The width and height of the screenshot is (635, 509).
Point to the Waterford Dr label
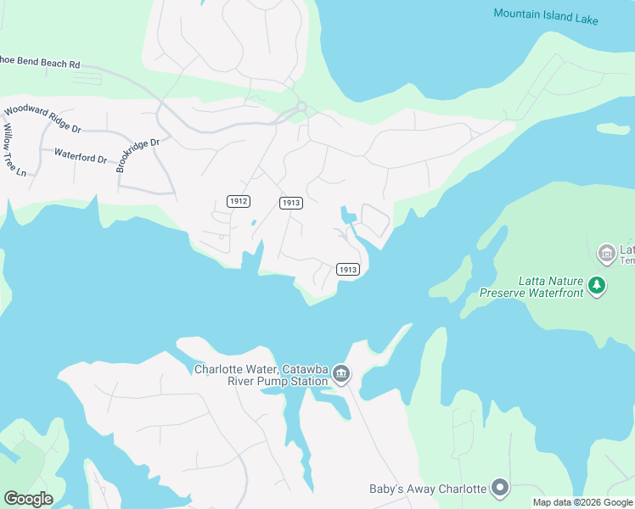81,156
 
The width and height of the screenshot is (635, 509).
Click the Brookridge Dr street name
138,155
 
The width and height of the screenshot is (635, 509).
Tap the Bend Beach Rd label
40,64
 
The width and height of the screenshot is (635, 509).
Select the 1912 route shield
239,201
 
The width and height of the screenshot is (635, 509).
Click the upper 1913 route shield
291,202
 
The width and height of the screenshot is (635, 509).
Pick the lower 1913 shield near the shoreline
348,269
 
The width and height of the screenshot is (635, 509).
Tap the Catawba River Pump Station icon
341,374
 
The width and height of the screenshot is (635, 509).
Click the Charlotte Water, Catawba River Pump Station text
261,375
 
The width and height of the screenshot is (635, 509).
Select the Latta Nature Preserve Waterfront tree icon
598,285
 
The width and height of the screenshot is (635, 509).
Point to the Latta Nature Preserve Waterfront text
531,287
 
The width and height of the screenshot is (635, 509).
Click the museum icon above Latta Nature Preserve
606,253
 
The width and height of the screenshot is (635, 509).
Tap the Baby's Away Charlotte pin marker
500,489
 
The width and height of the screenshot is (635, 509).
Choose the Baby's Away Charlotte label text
428,489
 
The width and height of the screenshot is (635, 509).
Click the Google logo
28,499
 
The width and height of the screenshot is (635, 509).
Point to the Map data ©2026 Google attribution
582,502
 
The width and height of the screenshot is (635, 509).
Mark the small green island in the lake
612,129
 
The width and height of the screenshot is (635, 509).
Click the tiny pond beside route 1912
253,224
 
